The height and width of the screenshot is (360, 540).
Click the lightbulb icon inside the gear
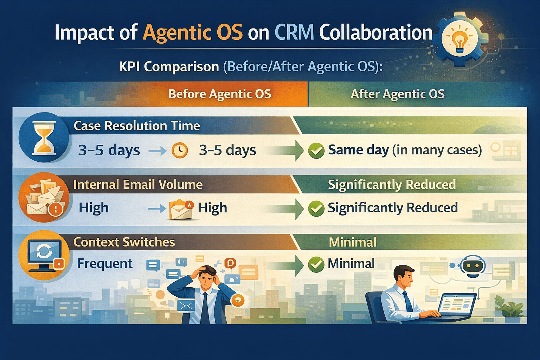point(459,39)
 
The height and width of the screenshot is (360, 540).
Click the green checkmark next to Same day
point(316,150)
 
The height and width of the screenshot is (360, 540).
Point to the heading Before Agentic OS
point(220,94)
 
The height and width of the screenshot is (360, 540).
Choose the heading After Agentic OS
point(398,94)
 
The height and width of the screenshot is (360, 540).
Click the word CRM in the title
point(294,33)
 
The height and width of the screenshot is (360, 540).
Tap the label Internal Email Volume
point(138,185)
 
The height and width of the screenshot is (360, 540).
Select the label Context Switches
point(124,242)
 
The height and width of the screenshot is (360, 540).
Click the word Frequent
point(105,263)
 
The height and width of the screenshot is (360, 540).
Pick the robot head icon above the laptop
point(473,266)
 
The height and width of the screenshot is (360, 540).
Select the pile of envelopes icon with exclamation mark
point(44,198)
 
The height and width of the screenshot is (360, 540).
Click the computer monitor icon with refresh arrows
point(44,254)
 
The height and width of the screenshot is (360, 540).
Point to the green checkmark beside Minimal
point(316,264)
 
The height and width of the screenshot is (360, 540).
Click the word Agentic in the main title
point(193,33)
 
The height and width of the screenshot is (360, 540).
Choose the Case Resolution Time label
point(137,126)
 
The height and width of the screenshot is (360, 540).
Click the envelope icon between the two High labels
point(181,210)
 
